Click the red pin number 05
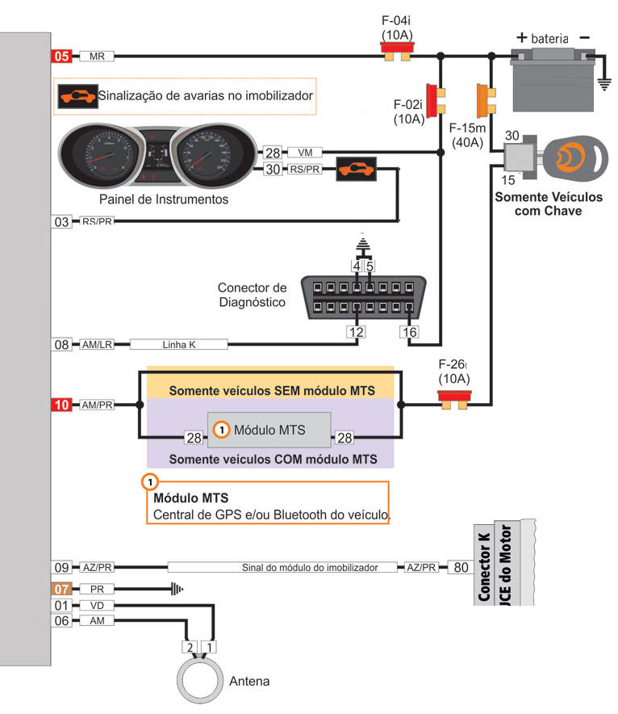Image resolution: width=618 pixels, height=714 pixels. coord(62,57)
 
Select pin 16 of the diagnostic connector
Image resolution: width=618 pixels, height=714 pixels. coord(409,331)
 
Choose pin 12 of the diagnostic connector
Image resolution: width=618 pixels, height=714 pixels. coord(356,331)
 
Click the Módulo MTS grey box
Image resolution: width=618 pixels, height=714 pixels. coord(269,430)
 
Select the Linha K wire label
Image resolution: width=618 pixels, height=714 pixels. coord(178,345)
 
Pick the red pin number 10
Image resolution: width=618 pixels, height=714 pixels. coord(62,405)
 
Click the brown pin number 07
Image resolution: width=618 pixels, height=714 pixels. coord(62,590)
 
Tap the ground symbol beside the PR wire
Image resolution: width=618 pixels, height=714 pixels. coord(176,590)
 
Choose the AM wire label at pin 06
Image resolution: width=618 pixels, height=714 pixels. coord(97,620)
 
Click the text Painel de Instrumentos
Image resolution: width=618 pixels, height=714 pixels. coord(164,199)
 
